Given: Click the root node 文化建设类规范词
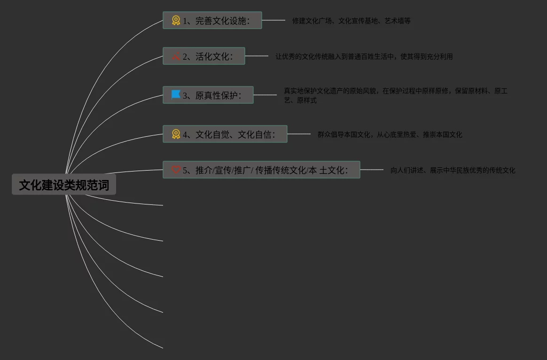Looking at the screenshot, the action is coord(64,185).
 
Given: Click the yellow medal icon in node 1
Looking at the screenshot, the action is coord(176,21).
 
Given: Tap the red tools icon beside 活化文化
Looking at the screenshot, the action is coord(176,56).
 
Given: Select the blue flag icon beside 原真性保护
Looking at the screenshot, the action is coord(176,95).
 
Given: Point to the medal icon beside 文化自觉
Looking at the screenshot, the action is coord(176,134).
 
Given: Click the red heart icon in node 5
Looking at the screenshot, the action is coord(176,170).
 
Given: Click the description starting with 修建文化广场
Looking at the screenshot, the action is coord(351,21).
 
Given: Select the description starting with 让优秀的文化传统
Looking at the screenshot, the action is coord(364,56).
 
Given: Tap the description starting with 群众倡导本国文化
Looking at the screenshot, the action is coord(390,134).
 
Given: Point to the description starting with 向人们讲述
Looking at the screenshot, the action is coord(453,170).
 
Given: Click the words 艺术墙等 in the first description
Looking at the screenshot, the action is coord(398,21).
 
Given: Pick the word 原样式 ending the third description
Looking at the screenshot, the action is coord(307,100).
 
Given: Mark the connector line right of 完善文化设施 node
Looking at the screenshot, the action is coord(273,20).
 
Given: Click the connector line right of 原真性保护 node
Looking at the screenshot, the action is coord(265,95).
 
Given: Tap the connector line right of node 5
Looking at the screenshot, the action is coord(372,170).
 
